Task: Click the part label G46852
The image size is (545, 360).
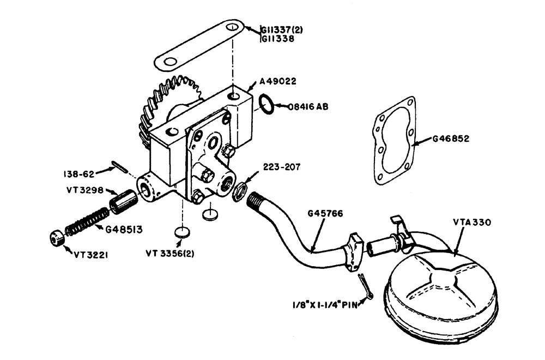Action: pyautogui.click(x=449, y=139)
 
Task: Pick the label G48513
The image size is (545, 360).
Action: pyautogui.click(x=123, y=230)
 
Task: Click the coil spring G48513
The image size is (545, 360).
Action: pyautogui.click(x=87, y=222)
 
